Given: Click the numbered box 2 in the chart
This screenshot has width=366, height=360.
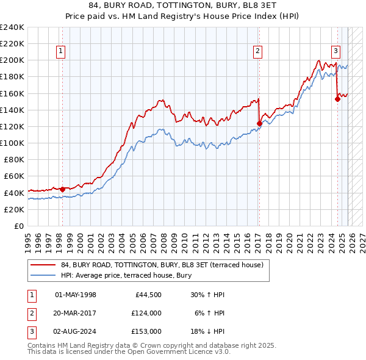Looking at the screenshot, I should [259, 52].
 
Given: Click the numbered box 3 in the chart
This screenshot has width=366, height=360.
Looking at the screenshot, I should [336, 52].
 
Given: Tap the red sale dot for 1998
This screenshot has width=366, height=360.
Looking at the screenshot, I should [62, 189].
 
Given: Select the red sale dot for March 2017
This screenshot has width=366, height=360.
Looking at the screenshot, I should [259, 123].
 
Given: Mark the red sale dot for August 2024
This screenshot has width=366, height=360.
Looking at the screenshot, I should [337, 99].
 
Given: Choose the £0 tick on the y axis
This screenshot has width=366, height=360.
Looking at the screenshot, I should [18, 226].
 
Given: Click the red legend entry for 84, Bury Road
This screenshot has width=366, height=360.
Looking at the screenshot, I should [162, 265].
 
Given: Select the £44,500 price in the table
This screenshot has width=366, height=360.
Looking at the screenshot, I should [146, 295].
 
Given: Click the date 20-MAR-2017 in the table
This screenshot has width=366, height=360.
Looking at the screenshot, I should [76, 313].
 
